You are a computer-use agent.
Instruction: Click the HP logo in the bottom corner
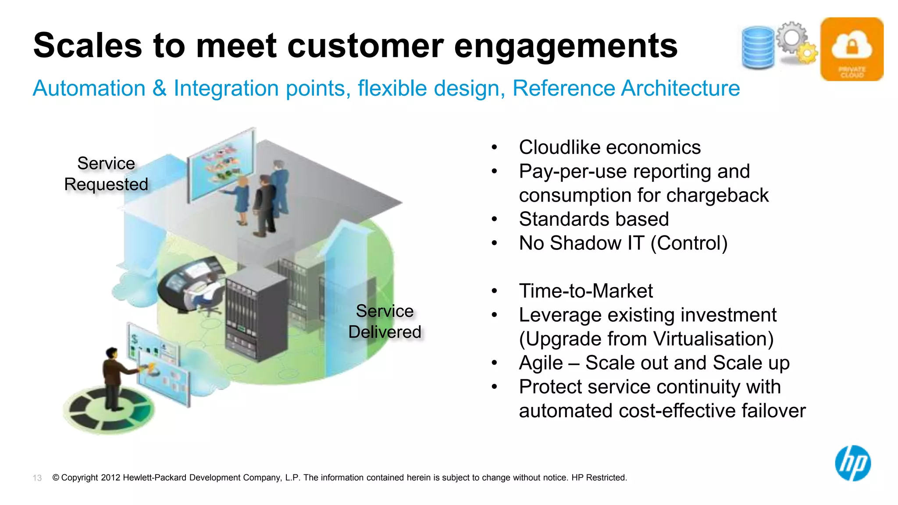coord(852,463)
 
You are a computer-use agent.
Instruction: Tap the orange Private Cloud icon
coord(852,49)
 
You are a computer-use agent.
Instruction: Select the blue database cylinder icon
coord(758,48)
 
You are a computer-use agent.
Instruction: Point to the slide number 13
coord(37,478)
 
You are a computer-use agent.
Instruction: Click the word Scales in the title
coord(87,46)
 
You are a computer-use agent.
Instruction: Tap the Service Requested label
coord(106,174)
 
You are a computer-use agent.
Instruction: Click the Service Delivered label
coord(385,321)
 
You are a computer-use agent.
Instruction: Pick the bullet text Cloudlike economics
coord(609,147)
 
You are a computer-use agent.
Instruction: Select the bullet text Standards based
coord(594,219)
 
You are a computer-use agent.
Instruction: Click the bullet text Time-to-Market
coord(586,291)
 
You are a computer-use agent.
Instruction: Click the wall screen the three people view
coord(222,165)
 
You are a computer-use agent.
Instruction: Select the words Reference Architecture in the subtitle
coord(626,89)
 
